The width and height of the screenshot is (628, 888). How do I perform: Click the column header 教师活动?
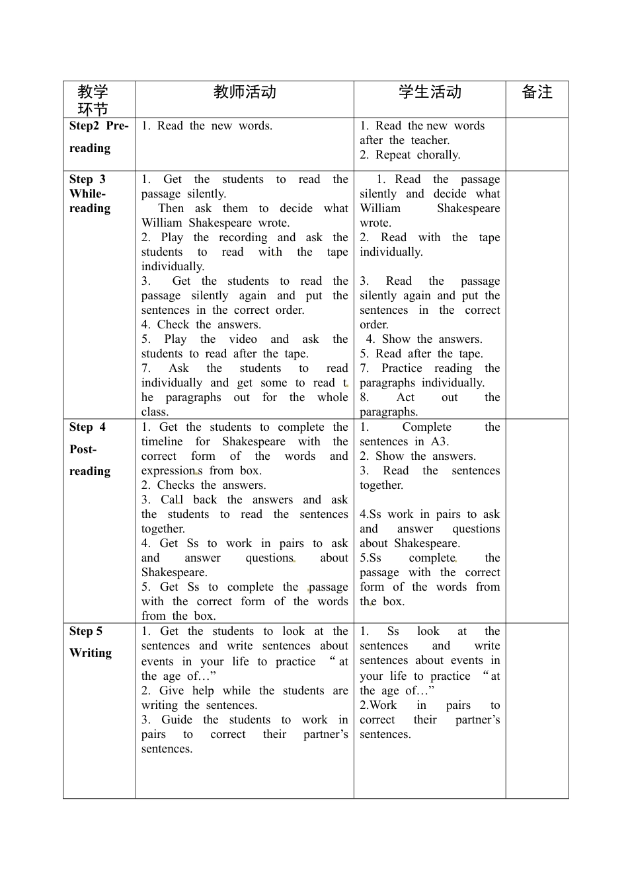245,92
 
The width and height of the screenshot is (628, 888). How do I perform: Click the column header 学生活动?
430,92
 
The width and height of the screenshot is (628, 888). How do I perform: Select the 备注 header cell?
537,92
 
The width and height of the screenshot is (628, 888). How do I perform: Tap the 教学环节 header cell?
93,100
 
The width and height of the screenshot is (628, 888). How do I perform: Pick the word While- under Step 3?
87,194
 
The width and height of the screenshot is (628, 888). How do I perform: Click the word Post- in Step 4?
83,449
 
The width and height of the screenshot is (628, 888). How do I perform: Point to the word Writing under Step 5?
91,653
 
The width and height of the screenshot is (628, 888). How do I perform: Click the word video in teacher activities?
243,340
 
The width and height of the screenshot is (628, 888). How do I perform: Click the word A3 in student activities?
440,442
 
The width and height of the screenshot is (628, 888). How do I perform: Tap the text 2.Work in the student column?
378,706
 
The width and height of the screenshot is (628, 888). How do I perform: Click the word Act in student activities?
405,398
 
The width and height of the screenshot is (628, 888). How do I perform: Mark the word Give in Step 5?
171,691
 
